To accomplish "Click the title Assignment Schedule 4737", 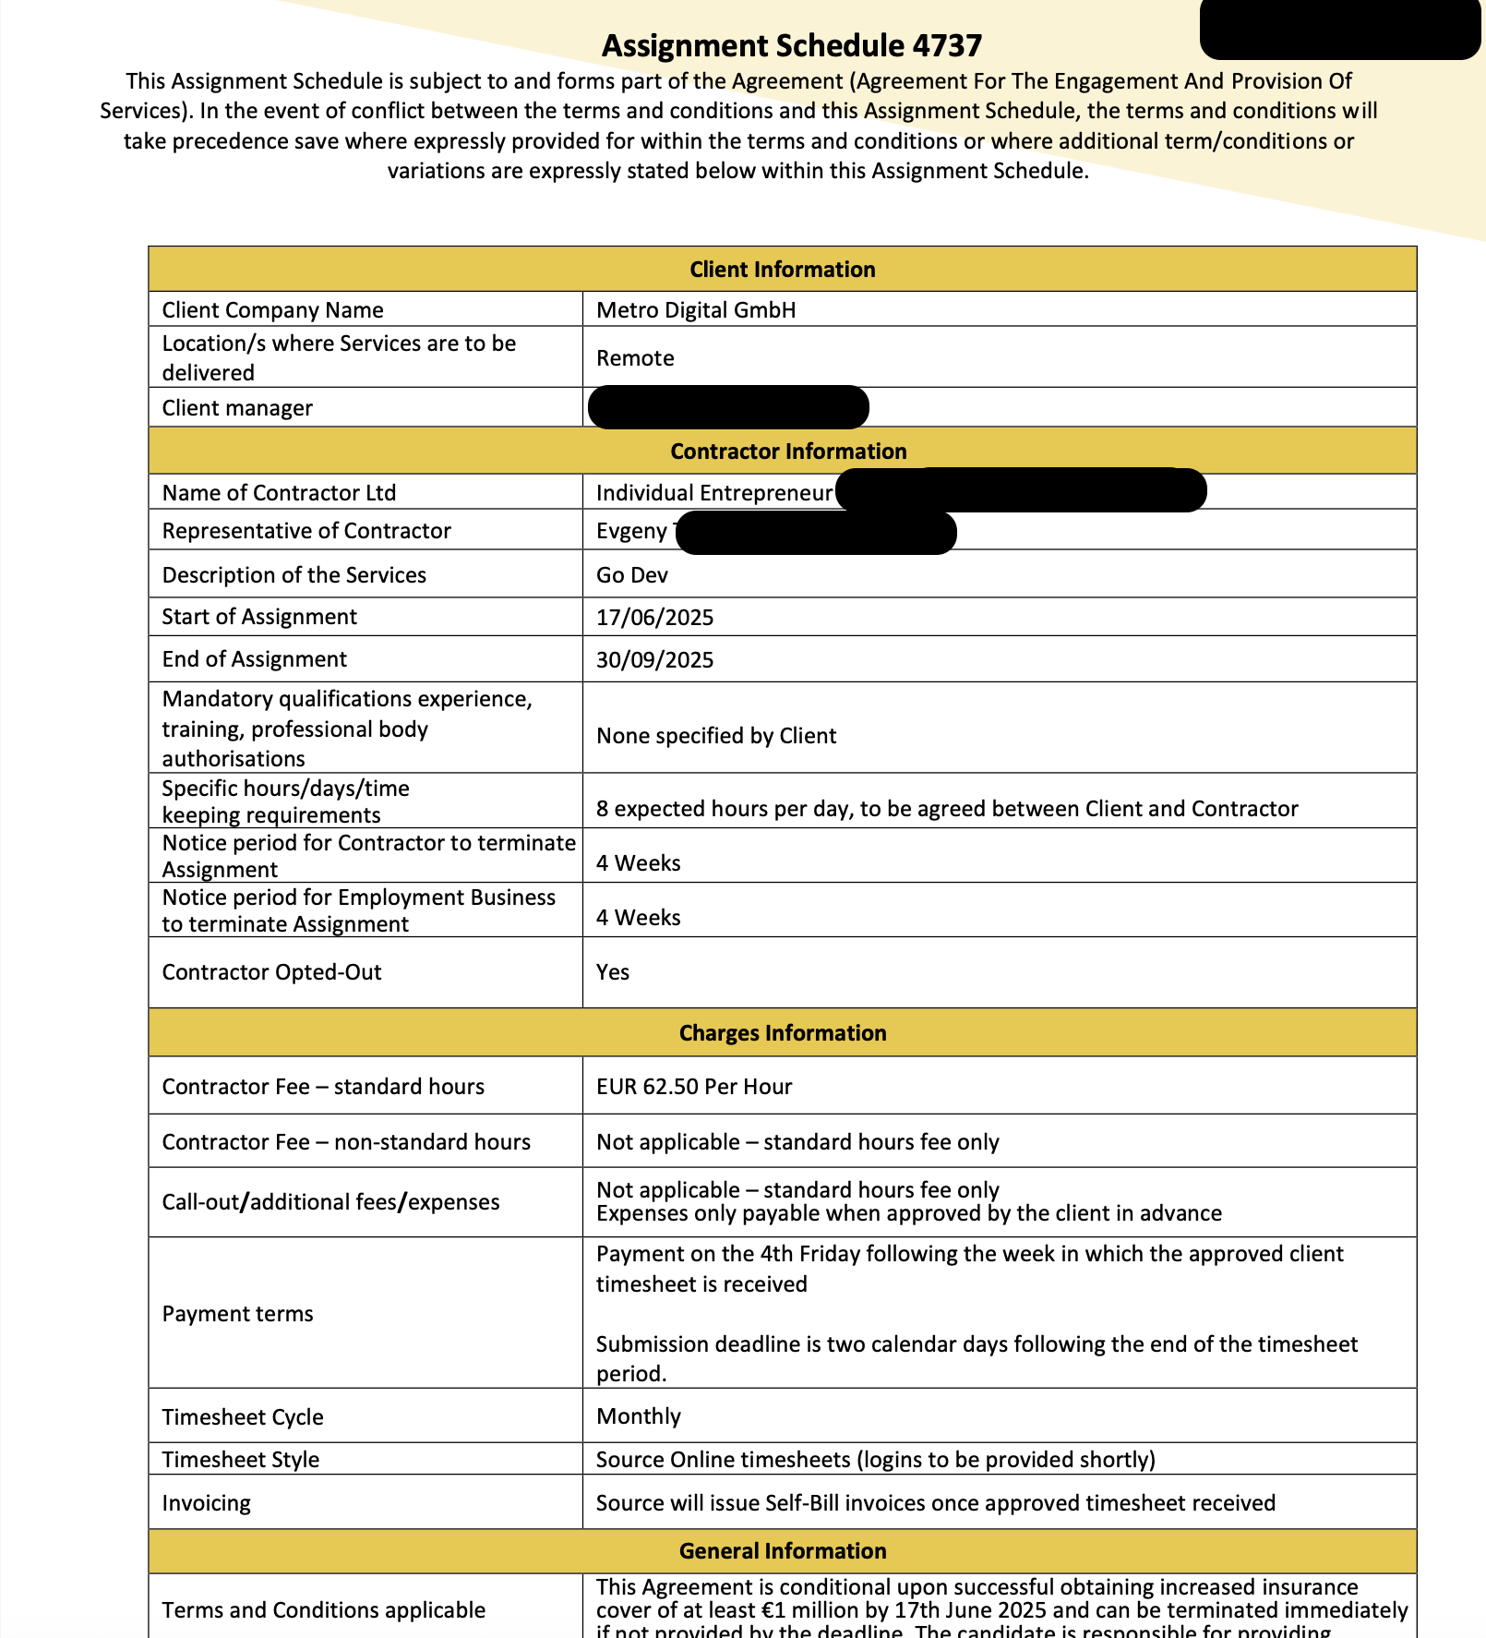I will (x=791, y=45).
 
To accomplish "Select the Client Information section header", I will (x=782, y=269).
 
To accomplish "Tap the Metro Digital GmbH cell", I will (x=696, y=309).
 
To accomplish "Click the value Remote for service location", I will (x=635, y=357).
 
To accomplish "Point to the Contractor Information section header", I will (x=787, y=451).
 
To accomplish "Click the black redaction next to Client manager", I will (x=727, y=407).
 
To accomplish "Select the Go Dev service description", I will (x=631, y=574).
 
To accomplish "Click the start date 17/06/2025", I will (x=654, y=617).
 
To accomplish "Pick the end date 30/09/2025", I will (x=654, y=659).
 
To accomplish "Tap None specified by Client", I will (x=716, y=735).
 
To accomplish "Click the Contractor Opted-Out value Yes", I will (x=612, y=971).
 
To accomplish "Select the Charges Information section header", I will (x=782, y=1032).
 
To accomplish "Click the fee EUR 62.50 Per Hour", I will (x=694, y=1086).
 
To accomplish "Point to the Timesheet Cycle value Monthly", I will (x=638, y=1415).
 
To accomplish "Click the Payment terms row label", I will (x=237, y=1313).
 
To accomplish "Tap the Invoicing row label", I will (x=206, y=1502).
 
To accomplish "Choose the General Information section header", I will (x=782, y=1550).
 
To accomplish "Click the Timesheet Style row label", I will (x=240, y=1459).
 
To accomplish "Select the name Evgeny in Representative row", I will (x=631, y=530).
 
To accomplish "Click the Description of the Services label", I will (x=294, y=574).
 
